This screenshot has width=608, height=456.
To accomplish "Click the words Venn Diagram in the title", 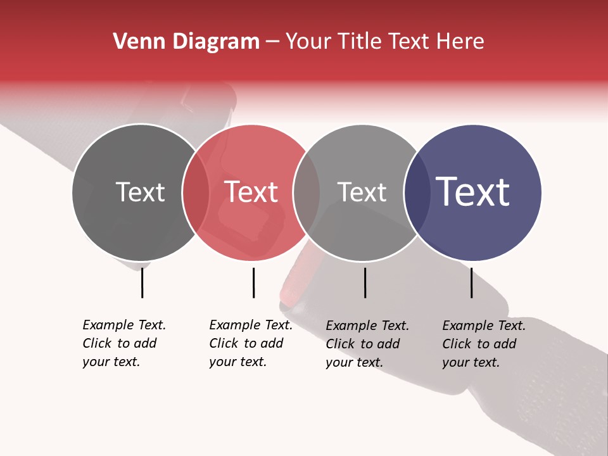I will [186, 42].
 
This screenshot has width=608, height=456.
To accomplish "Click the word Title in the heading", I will [362, 42].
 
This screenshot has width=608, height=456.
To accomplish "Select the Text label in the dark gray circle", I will [140, 192].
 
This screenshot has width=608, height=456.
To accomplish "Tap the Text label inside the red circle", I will [251, 192].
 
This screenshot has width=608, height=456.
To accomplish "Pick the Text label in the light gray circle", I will [362, 192].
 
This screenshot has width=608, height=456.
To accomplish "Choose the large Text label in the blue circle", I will [473, 192].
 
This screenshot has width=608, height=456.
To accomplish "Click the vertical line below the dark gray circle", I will [142, 282].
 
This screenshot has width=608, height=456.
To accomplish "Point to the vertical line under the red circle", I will [253, 282].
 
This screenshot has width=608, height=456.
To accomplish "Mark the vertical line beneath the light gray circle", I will [365, 282].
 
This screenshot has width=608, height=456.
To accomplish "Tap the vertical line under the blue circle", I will [472, 282].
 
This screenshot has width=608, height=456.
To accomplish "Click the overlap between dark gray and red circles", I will [196, 192].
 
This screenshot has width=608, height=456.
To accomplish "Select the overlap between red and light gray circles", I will [307, 192].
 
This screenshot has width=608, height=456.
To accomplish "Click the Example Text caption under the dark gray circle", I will [123, 343].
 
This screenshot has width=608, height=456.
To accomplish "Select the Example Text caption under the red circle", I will [250, 343].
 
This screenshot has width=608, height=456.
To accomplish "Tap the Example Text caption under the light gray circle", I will [367, 344].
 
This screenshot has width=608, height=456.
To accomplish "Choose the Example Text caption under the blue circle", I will [483, 344].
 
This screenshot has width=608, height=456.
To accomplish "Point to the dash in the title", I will [272, 42].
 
